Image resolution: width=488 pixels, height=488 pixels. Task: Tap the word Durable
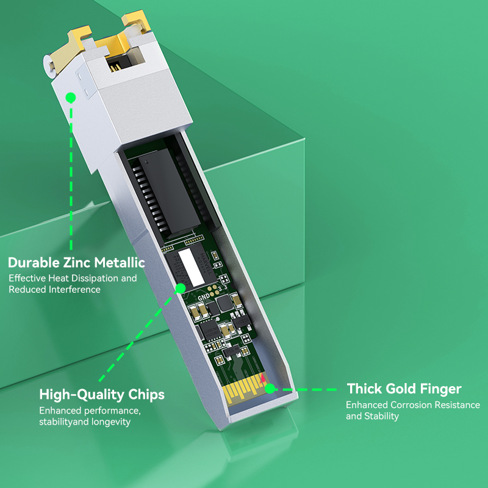coord(34,262)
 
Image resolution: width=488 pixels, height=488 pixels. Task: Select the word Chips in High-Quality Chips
coord(146,394)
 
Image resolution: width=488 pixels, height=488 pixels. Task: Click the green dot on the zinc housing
coord(71,98)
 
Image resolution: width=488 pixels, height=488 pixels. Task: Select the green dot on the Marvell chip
coord(180,289)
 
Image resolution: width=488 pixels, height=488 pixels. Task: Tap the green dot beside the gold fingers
coord(270,389)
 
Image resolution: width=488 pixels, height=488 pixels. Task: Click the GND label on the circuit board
coord(204,297)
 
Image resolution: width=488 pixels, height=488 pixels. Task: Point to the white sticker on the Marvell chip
coord(191,267)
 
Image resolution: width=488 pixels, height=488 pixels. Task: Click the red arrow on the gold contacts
coord(263,378)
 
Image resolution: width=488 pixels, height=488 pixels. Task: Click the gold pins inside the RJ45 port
coord(116,66)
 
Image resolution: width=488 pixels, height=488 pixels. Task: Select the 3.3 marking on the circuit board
coord(223,287)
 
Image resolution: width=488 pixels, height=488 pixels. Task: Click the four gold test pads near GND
coord(213,291)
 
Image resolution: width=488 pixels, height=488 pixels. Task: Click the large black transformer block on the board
coord(170,192)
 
